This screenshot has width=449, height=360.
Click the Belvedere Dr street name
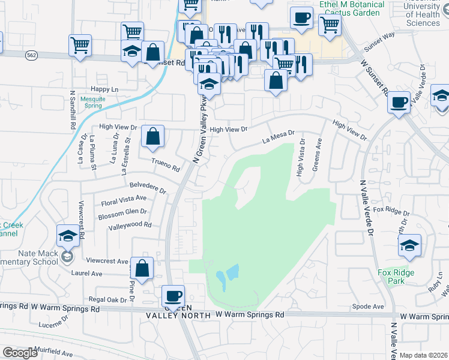(x=148, y=187)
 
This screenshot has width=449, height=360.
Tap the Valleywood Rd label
(x=130, y=226)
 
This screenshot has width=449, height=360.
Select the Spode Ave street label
(x=368, y=307)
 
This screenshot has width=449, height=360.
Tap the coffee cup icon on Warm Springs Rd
(x=173, y=295)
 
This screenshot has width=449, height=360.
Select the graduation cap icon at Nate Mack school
(x=68, y=235)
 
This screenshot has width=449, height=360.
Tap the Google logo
(x=20, y=353)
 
